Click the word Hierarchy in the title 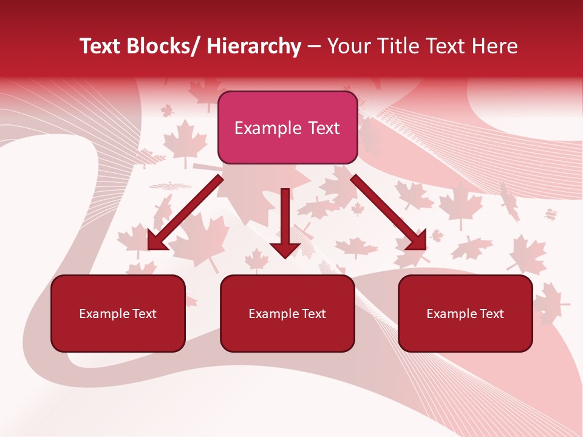click(x=254, y=47)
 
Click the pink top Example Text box click(x=287, y=128)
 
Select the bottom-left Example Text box click(x=118, y=314)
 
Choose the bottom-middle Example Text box click(x=287, y=314)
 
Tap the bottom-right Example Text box click(x=465, y=314)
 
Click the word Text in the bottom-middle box click(x=313, y=314)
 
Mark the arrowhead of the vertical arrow click(x=285, y=249)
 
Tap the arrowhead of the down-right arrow click(x=417, y=240)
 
